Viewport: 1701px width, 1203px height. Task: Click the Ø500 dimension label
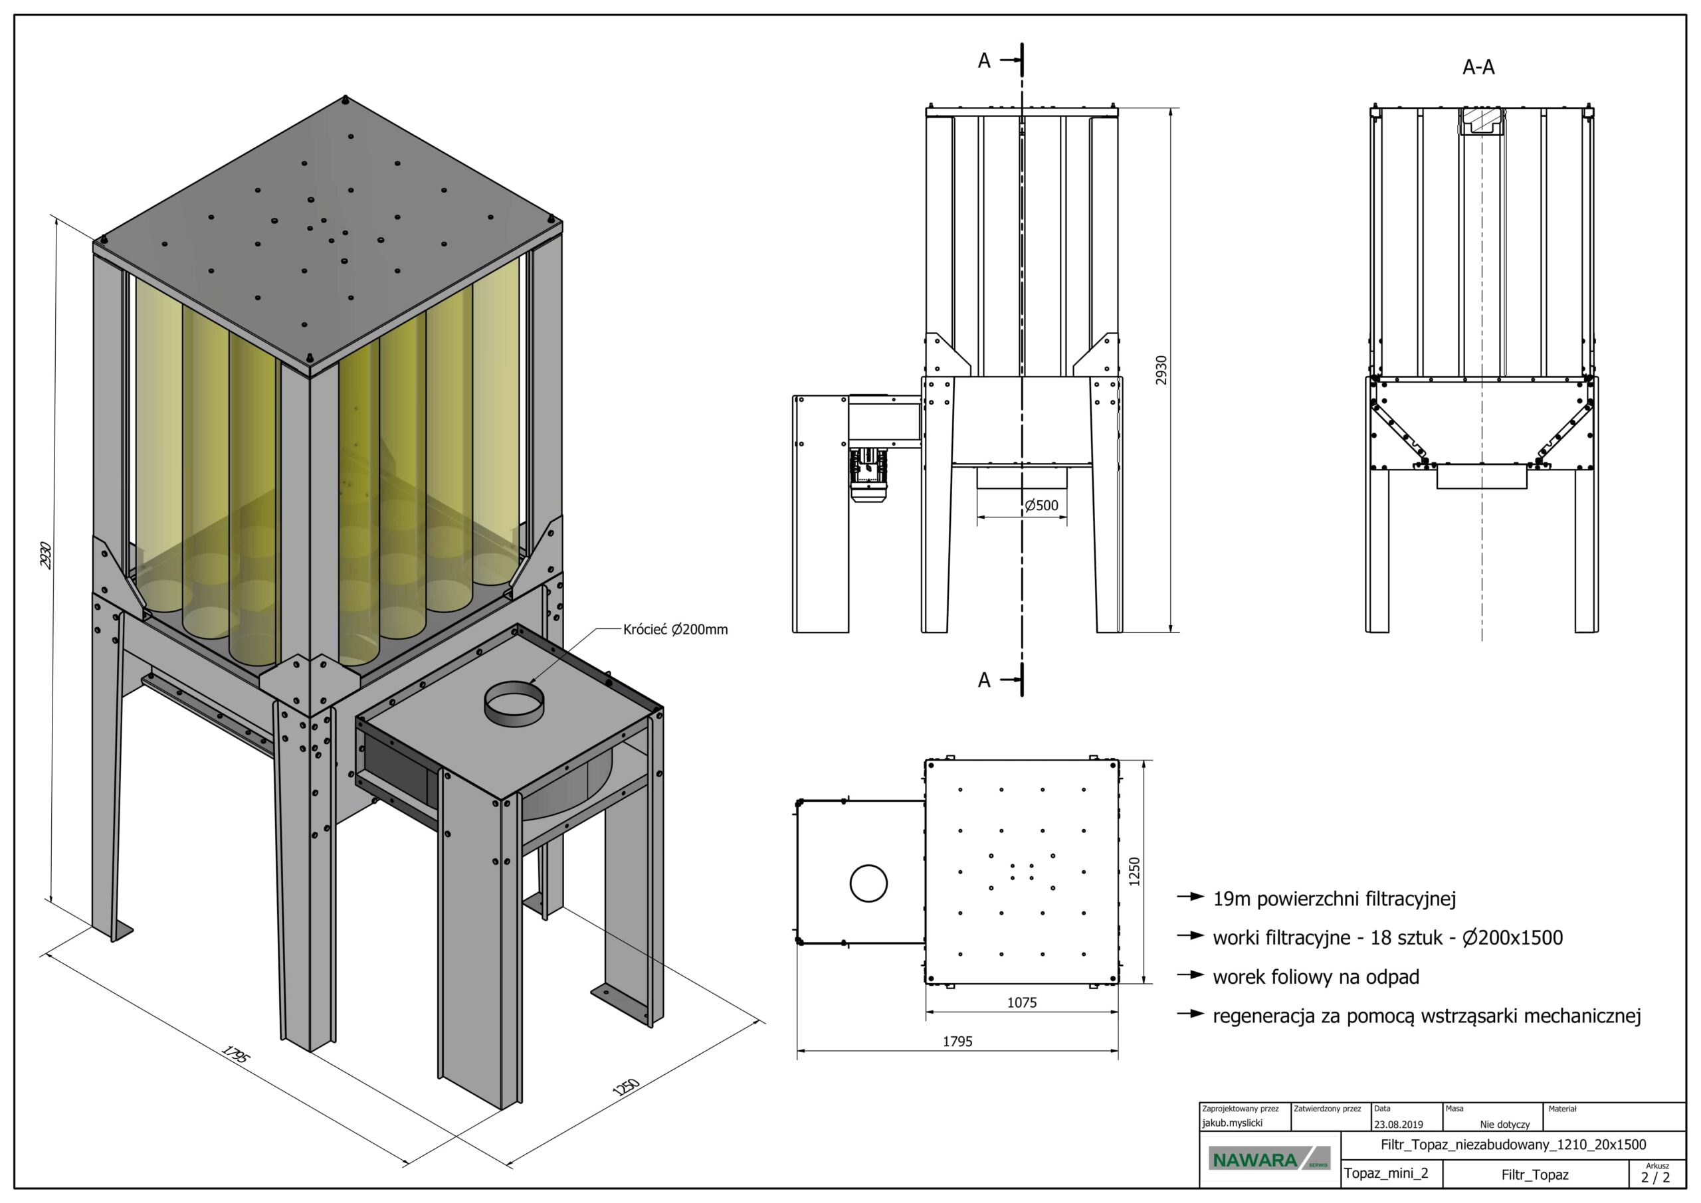1041,506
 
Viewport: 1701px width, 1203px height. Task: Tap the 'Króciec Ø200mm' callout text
675,630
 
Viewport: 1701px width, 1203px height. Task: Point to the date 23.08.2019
1398,1124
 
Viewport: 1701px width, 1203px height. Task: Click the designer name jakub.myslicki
1232,1123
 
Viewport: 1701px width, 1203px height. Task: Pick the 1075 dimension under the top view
1022,1002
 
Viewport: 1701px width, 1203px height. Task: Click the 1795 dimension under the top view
957,1042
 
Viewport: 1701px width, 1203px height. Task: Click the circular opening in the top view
868,883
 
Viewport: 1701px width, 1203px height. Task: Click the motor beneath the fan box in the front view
868,474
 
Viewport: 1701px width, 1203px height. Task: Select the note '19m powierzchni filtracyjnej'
1334,899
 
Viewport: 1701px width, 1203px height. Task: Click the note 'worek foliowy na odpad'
1315,977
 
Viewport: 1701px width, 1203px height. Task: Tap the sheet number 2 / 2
1655,1177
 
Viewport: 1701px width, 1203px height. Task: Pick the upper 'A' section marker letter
984,60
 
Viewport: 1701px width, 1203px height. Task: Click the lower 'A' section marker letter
984,680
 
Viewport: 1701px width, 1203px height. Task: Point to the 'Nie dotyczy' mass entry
1505,1125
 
